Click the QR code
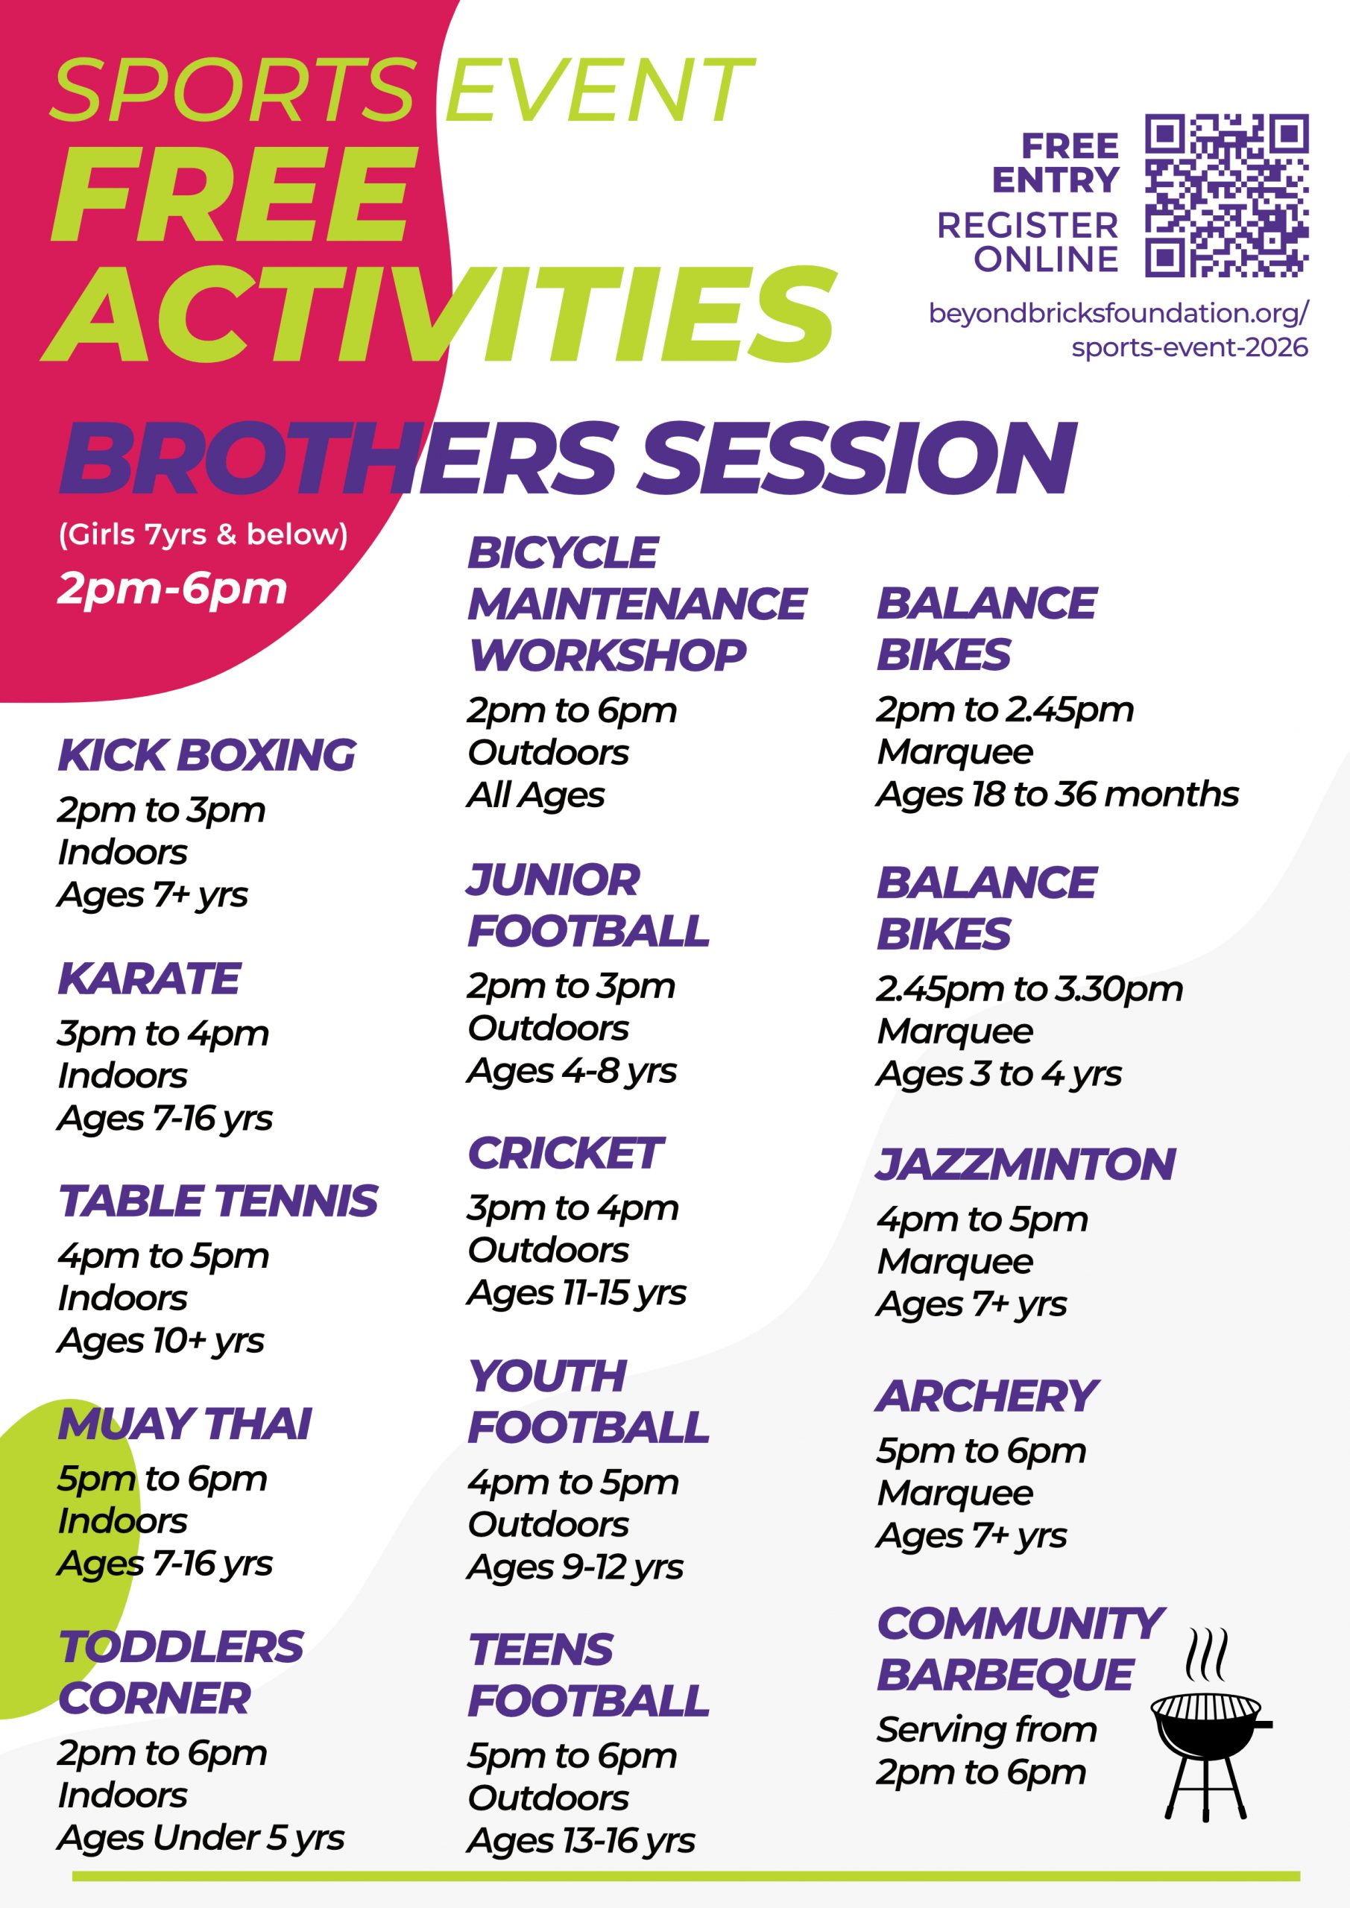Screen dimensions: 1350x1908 pos(1227,195)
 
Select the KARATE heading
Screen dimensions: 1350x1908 pos(150,978)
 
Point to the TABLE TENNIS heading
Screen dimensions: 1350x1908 pos(218,1201)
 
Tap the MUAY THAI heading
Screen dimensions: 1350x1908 pos(185,1424)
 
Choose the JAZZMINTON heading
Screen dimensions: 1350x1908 pos(1026,1164)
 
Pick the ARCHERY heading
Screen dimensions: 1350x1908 pos(988,1396)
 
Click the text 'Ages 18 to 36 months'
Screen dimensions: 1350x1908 pos(1057,795)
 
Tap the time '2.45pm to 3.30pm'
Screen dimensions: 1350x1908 pos(1029,989)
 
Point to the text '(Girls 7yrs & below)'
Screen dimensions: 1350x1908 pos(203,534)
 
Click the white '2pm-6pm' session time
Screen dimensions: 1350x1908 pos(172,588)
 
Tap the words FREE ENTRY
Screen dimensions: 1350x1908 pos(1056,163)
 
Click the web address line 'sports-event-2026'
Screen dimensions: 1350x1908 pos(1190,347)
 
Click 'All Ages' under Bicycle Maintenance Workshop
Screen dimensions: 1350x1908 pos(535,795)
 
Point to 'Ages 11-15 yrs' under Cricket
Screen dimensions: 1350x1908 pos(577,1292)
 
